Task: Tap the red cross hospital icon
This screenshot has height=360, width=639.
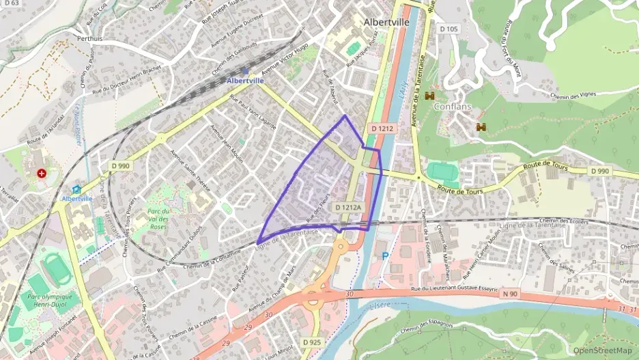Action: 42,174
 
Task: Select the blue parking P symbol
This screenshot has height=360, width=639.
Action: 385,255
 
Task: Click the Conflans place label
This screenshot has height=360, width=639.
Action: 452,107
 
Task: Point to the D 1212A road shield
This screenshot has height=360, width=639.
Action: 348,206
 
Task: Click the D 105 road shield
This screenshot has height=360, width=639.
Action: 449,29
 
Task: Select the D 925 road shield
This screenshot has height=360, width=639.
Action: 311,341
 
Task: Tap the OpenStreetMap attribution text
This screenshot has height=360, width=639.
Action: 603,350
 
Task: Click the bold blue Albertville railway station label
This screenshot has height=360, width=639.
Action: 245,81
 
